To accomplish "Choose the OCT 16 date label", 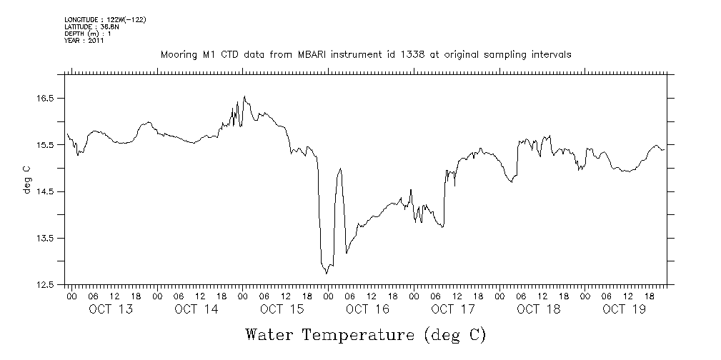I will pos(367,309).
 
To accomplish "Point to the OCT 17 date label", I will pos(453,309).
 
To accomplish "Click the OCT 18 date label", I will pos(539,309).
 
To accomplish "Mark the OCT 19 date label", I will pos(624,309).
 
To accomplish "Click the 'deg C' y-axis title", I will pos(27,179).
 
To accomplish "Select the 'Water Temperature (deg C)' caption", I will pos(366,334).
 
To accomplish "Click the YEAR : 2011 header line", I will pos(84,41).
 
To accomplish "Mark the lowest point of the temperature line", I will pos(327,273).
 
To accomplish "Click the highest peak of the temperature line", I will pos(244,96).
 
